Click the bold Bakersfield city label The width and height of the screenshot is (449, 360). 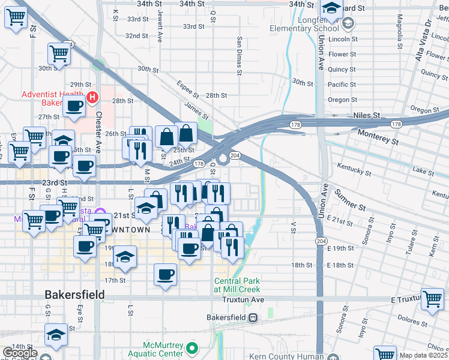coord(75,295)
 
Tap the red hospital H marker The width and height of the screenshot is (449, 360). coord(92,97)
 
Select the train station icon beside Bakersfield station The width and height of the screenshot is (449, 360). coord(253,317)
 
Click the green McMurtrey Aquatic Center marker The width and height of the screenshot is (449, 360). coord(192,348)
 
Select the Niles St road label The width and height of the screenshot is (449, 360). coord(367,114)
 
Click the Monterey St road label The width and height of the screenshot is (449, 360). coord(378,137)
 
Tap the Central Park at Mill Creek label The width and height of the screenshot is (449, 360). coord(239,285)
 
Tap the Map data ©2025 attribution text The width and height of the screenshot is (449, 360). coord(423,355)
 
